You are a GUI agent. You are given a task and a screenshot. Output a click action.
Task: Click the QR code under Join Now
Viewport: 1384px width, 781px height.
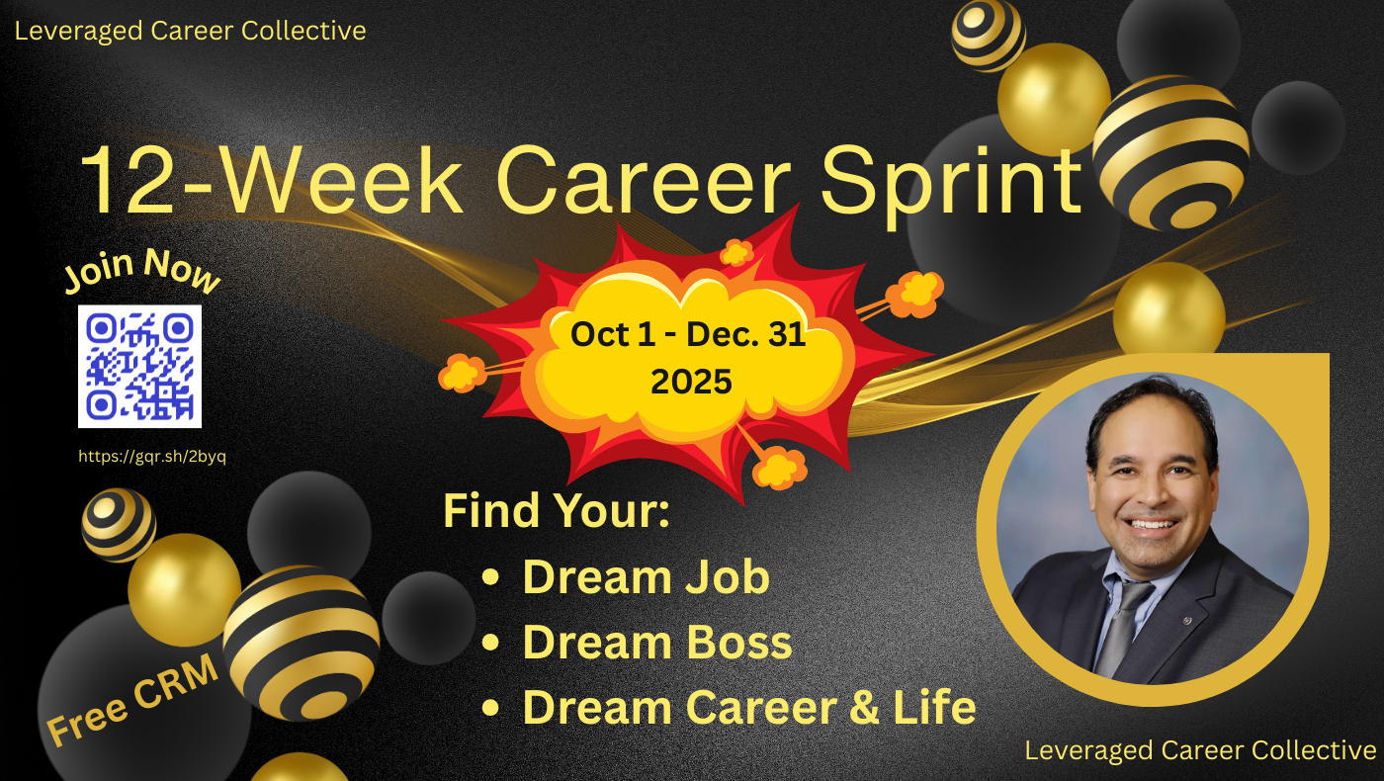[139, 366]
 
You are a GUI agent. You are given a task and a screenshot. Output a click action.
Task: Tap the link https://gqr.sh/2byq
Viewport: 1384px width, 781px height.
[152, 457]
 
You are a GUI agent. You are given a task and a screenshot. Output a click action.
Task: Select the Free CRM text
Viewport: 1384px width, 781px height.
[132, 700]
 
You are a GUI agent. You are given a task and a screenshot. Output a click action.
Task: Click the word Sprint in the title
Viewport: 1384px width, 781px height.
[951, 183]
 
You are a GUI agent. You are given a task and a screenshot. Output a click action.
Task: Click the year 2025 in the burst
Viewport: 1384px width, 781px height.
[691, 382]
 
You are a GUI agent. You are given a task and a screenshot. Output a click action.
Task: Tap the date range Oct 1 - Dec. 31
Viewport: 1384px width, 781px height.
[688, 334]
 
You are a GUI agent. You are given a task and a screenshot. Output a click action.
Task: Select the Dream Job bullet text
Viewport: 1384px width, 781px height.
[647, 577]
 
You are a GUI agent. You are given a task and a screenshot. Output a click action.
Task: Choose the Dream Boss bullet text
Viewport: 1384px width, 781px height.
[657, 643]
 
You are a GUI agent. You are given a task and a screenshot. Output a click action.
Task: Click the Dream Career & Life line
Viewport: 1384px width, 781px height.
[749, 708]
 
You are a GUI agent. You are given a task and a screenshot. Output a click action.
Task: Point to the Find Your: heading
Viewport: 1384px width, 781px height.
[556, 511]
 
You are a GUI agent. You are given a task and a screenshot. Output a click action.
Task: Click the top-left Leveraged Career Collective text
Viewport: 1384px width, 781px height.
[190, 31]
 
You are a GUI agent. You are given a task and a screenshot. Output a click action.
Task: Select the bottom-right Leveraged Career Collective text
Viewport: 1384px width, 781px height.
[1200, 750]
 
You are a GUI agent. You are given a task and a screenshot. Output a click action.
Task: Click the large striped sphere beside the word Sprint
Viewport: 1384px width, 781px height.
[1170, 152]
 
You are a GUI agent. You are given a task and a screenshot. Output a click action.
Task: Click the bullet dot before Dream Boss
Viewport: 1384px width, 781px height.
[490, 643]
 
